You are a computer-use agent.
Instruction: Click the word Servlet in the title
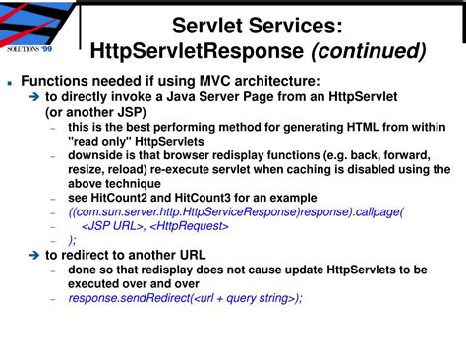click(205, 25)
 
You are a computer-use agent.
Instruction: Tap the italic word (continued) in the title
click(369, 51)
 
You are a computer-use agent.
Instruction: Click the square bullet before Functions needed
click(9, 85)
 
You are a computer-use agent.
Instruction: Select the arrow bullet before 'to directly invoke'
click(33, 98)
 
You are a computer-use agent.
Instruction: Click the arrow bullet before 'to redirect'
click(33, 255)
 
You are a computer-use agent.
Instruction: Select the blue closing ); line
click(72, 240)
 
